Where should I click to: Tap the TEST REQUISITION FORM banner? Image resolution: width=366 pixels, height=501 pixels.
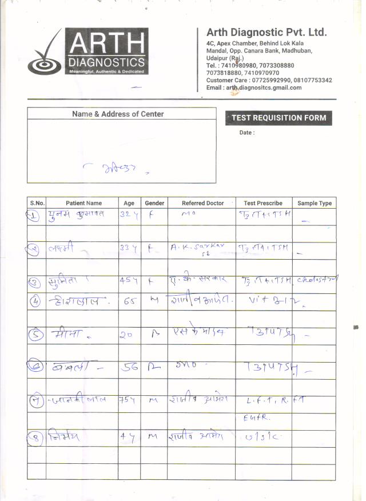coord(279,118)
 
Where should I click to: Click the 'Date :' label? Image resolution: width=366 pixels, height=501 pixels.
coord(247,133)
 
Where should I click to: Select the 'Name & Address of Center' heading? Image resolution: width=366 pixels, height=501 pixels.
coord(118,114)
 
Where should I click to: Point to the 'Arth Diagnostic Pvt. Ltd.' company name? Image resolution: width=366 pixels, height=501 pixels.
coord(266,32)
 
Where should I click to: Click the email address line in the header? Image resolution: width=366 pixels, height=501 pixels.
coord(254,88)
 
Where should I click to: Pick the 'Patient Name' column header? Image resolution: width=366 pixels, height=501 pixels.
coord(83,203)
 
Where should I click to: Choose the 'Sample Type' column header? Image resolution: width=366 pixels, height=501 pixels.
coord(315,203)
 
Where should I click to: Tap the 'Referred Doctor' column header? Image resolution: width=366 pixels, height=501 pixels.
coord(203,203)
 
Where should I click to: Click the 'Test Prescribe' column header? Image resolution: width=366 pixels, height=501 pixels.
coord(263,203)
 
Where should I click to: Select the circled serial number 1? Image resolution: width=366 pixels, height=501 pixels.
coord(34,216)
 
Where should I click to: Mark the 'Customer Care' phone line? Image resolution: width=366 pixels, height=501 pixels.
coord(269,81)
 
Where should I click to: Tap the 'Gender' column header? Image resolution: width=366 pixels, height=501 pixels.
coord(154,203)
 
